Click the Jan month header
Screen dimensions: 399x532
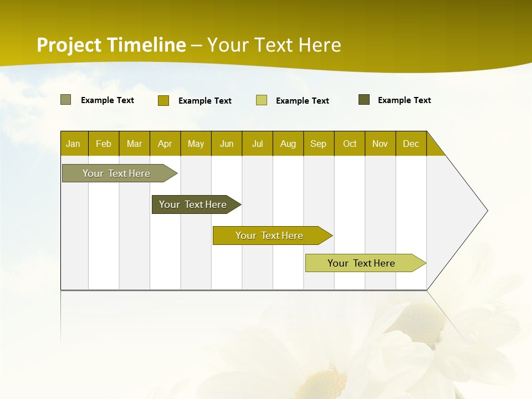(x=74, y=144)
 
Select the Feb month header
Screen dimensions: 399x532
(x=104, y=144)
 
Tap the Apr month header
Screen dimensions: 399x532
(x=165, y=144)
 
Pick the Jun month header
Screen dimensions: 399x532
(x=227, y=144)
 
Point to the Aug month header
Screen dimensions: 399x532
(x=288, y=144)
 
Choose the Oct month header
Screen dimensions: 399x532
(x=350, y=144)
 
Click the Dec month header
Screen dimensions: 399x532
(x=411, y=144)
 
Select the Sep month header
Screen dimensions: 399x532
(x=319, y=144)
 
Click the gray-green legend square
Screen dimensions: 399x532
(x=65, y=100)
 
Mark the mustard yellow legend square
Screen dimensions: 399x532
(x=163, y=100)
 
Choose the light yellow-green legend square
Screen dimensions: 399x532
(x=262, y=100)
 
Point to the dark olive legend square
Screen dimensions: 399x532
(x=364, y=100)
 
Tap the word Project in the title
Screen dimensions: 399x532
(x=69, y=45)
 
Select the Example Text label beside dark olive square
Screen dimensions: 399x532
(x=404, y=100)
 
